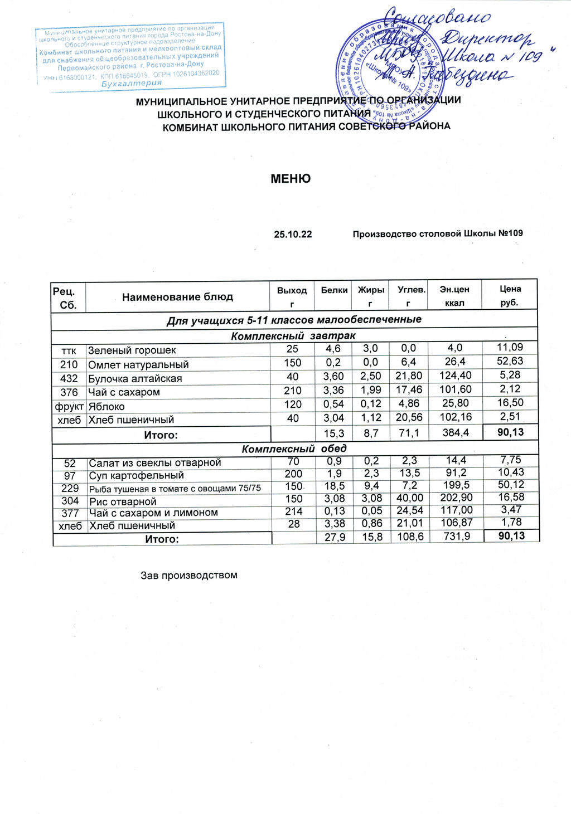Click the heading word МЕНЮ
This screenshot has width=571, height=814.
(290, 179)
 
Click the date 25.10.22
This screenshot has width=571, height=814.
(293, 234)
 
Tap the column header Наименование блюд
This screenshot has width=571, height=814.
(177, 297)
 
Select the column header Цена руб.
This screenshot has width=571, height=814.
(510, 296)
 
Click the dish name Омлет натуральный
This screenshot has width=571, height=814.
(138, 365)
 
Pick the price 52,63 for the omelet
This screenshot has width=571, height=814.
(510, 362)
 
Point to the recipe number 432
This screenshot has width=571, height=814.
(69, 378)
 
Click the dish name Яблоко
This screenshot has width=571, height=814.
(107, 406)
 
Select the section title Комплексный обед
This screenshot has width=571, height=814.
(294, 449)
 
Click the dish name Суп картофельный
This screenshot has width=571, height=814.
(137, 476)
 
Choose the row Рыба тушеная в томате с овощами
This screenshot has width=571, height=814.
(175, 489)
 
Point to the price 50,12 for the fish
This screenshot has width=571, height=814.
(511, 485)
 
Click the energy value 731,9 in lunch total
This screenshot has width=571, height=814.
(457, 537)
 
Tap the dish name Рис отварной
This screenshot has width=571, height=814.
(123, 501)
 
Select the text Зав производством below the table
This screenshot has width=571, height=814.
(189, 575)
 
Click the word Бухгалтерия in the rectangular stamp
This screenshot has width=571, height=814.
(132, 83)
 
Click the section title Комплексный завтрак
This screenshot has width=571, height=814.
(293, 336)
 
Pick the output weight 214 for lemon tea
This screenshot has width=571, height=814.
(293, 511)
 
